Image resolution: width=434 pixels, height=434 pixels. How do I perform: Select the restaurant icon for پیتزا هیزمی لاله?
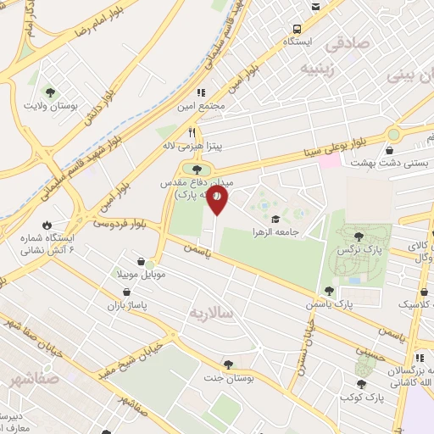(192, 132)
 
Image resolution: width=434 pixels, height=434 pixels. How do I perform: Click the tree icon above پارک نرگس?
(359, 237)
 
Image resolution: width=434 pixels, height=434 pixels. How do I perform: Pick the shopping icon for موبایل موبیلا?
(152, 262)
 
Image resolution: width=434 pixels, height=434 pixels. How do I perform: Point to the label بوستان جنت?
(224, 378)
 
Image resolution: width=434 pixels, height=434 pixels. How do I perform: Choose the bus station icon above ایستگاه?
(315, 7)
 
